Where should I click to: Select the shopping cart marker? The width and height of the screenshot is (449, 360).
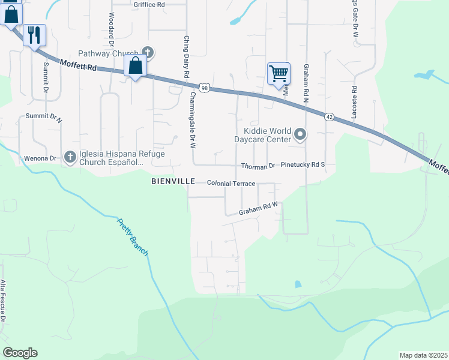[279, 74]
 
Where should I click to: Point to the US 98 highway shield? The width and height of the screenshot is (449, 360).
[205, 88]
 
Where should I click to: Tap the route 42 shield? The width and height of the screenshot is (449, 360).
[329, 116]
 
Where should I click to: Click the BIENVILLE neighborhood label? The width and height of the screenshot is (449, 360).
[173, 181]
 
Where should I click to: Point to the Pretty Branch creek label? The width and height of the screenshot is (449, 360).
[133, 238]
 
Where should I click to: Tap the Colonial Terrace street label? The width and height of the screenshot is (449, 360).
[231, 183]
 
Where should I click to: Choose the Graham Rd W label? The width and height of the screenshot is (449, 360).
[258, 208]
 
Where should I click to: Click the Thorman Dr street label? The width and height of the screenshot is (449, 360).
[258, 165]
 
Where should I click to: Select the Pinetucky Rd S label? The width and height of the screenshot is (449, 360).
[303, 164]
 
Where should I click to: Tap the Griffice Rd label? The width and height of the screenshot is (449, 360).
[149, 4]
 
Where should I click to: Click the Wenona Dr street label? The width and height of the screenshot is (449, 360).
[40, 158]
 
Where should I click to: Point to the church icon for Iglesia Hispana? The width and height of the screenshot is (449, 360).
[70, 157]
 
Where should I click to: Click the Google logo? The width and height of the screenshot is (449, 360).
[20, 353]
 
